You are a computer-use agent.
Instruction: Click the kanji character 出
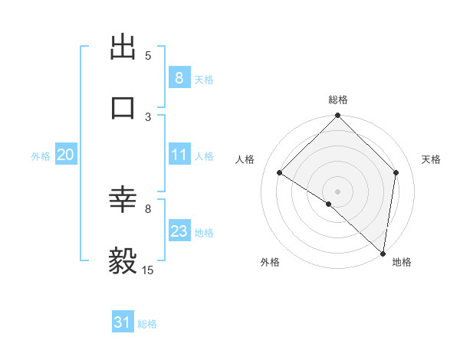[x=123, y=47]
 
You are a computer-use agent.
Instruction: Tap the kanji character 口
[x=123, y=107]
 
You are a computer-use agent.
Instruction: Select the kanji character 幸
[x=123, y=201]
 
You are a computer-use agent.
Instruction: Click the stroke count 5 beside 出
[x=148, y=56]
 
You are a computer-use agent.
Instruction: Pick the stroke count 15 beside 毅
[x=148, y=270]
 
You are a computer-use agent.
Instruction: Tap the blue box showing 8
[x=179, y=77]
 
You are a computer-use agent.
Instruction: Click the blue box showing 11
[x=179, y=155]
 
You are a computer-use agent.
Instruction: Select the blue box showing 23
[x=179, y=231]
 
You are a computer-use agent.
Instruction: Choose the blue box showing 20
[x=65, y=155]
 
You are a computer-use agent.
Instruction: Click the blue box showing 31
[x=123, y=322]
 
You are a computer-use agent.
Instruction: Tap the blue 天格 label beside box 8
[x=204, y=79]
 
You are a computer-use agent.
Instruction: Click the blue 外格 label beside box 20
[x=41, y=156]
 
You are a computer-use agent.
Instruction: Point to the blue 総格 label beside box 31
[x=147, y=324]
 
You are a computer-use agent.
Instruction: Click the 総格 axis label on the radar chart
[x=338, y=100]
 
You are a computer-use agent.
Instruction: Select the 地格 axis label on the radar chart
[x=402, y=262]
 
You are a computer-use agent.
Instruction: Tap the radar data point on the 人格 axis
[x=280, y=172]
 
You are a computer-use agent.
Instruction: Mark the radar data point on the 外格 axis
[x=328, y=204]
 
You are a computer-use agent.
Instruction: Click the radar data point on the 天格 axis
[x=396, y=172]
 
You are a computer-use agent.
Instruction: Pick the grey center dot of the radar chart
[x=338, y=191]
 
